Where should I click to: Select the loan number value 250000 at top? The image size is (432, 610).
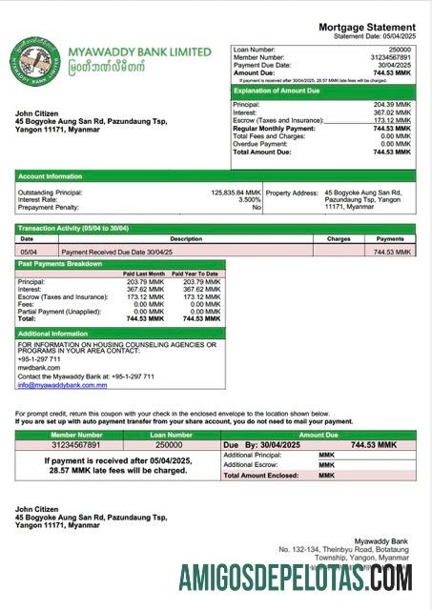tap(400, 48)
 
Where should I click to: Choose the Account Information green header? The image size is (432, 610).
tap(49, 176)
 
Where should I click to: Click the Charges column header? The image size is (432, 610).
tap(339, 239)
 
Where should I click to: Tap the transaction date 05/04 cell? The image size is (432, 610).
tap(30, 252)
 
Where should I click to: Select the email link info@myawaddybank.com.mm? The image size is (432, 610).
tap(63, 384)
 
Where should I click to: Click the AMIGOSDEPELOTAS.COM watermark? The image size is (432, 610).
tap(296, 578)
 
